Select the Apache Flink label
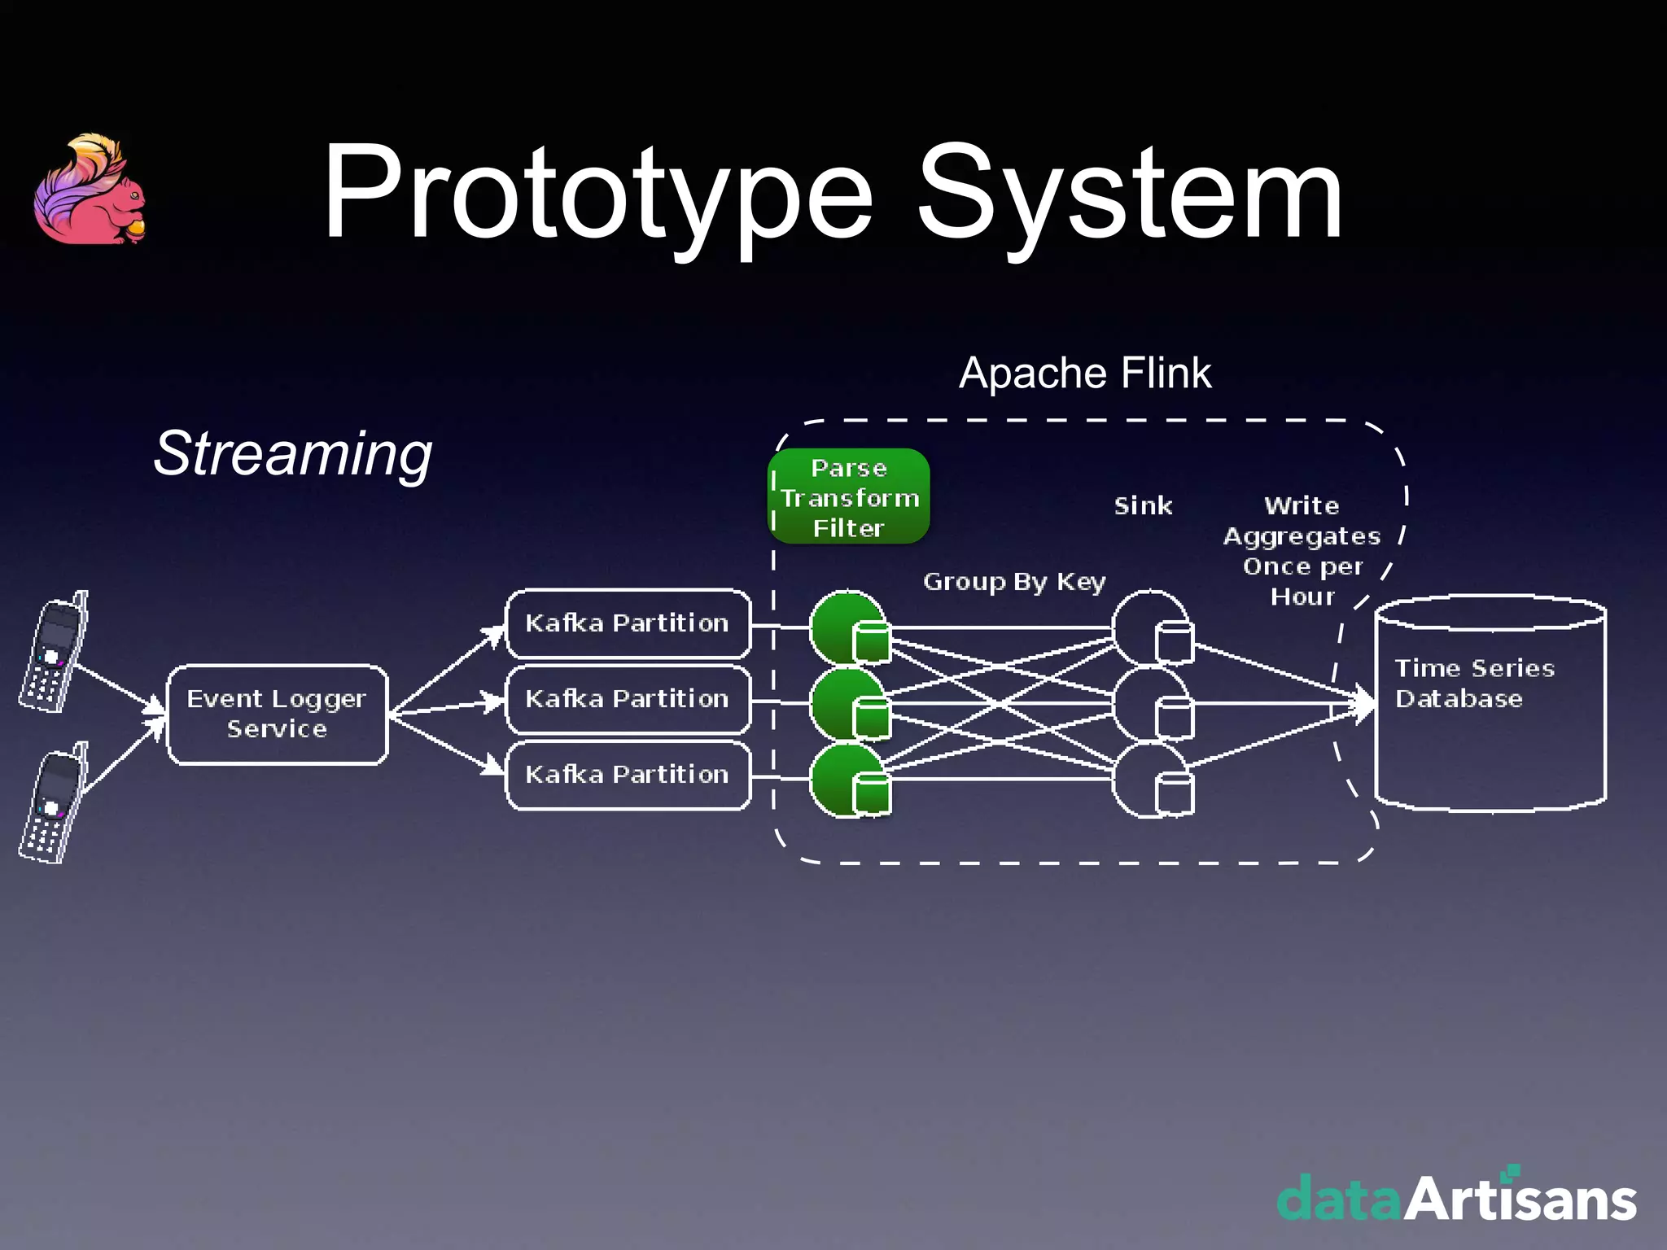pyautogui.click(x=1085, y=374)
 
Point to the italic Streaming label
pyautogui.click(x=293, y=453)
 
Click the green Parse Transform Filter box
pyautogui.click(x=849, y=497)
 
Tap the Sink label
pyautogui.click(x=1143, y=506)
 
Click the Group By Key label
pyautogui.click(x=1014, y=582)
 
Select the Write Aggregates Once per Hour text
pyautogui.click(x=1302, y=551)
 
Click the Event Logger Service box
pyautogui.click(x=277, y=715)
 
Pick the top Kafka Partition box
pyautogui.click(x=628, y=623)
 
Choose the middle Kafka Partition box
pyautogui.click(x=628, y=699)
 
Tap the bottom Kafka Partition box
pyautogui.click(x=628, y=775)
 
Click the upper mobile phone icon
pyautogui.click(x=54, y=652)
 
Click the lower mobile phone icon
pyautogui.click(x=54, y=803)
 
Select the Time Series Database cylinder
pyautogui.click(x=1490, y=705)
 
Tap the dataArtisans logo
pyautogui.click(x=1456, y=1197)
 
